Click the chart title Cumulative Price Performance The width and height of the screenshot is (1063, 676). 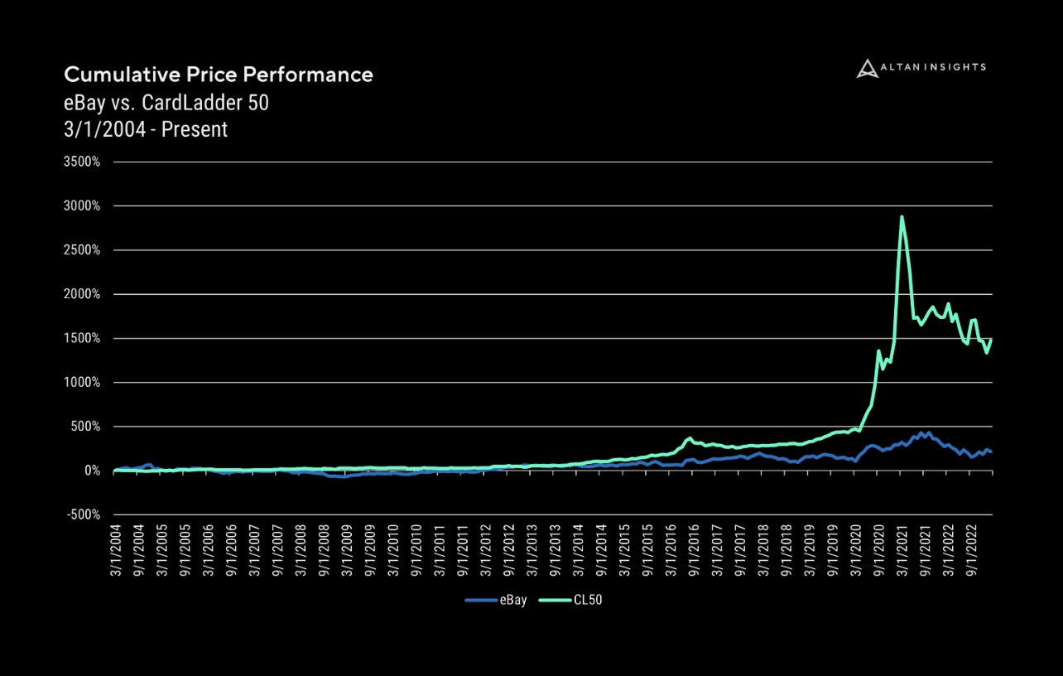(219, 75)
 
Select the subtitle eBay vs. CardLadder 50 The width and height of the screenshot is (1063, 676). (166, 103)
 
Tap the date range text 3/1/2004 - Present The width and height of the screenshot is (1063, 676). (146, 129)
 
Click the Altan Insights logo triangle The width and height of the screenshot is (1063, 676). (866, 68)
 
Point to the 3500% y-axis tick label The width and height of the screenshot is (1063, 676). (81, 162)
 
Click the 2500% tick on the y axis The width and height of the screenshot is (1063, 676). (81, 250)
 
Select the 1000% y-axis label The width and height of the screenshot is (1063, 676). (81, 383)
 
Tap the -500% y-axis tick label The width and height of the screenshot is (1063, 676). (81, 515)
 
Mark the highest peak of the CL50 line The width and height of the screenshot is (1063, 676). (901, 217)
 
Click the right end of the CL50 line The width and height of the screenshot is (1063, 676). (991, 340)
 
